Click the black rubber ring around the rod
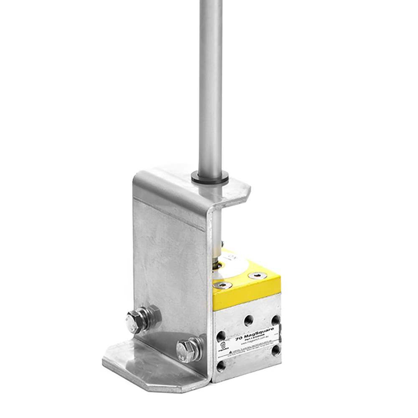(210, 179)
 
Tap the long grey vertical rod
(210, 84)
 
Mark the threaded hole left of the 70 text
(221, 336)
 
